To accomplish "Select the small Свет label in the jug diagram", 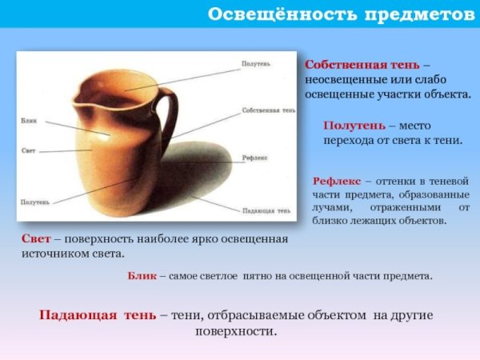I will click(x=28, y=150).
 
